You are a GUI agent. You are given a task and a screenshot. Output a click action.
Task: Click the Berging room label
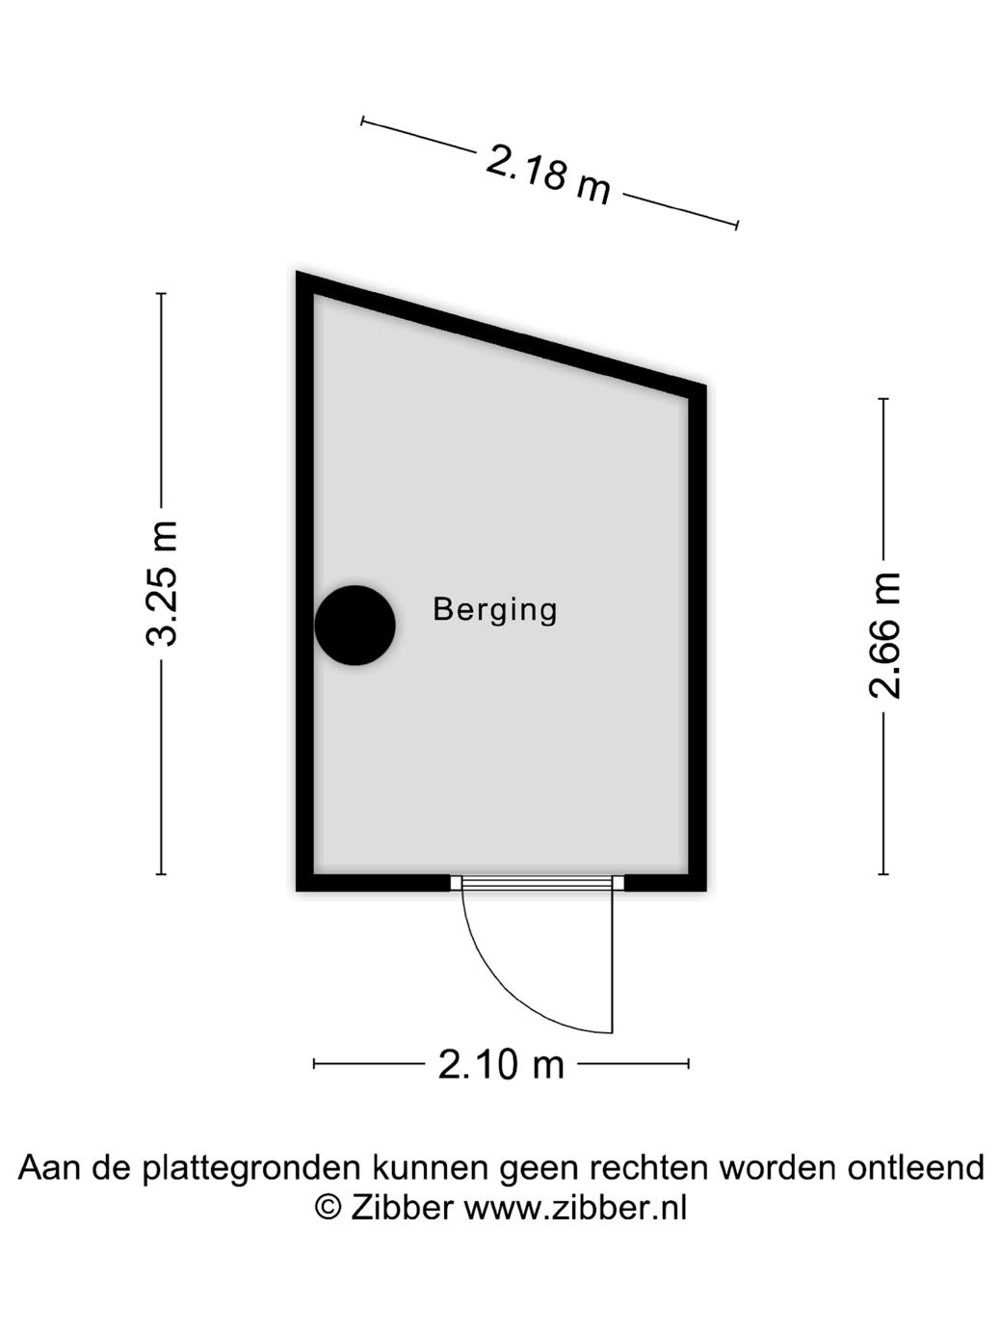[495, 610]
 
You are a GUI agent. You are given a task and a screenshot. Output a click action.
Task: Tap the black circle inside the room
[355, 626]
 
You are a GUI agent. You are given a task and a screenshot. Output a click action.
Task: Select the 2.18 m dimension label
[548, 174]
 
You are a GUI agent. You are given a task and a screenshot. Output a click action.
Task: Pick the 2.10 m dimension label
[501, 1064]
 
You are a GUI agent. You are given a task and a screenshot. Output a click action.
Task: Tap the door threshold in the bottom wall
[538, 882]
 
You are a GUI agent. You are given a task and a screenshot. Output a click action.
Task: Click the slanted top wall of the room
[501, 334]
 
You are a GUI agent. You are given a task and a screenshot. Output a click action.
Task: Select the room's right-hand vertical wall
[697, 636]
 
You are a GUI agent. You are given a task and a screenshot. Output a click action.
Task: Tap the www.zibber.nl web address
[576, 1207]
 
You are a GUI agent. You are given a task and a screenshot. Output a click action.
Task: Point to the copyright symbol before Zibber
[329, 1207]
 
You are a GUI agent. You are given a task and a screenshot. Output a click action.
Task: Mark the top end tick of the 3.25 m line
[161, 293]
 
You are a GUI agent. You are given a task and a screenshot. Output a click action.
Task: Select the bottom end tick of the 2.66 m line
[883, 874]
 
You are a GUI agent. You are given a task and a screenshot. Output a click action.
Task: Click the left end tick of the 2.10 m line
[314, 1063]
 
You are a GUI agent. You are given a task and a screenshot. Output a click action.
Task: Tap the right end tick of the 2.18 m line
[737, 225]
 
